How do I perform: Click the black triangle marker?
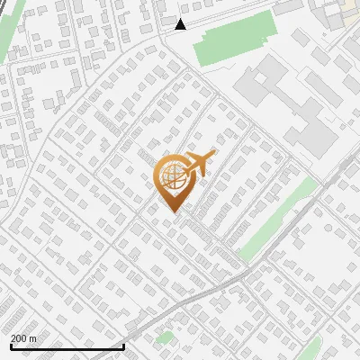tap(180, 24)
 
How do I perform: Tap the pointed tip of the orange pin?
tap(171, 211)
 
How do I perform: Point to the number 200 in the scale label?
tap(19, 337)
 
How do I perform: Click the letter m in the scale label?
tap(33, 337)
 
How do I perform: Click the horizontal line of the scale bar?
tap(67, 346)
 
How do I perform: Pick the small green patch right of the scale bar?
tap(164, 338)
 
